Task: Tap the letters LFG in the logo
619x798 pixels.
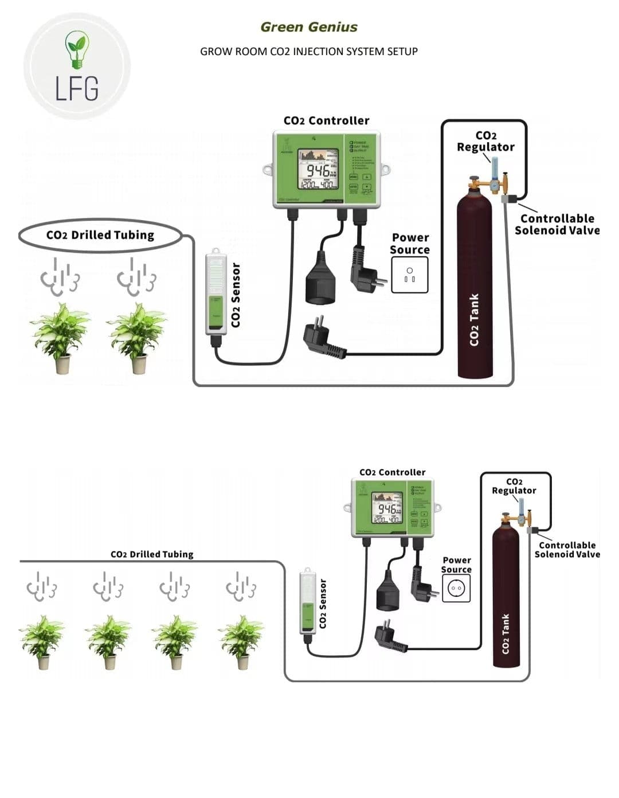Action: click(77, 88)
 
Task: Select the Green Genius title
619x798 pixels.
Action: click(309, 27)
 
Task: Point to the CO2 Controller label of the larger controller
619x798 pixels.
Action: click(326, 120)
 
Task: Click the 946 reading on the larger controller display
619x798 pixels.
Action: click(319, 170)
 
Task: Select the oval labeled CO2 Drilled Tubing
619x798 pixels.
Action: click(100, 235)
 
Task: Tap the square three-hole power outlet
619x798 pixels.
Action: click(409, 275)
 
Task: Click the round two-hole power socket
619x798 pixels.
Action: click(456, 588)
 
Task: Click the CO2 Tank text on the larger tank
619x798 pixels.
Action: click(474, 320)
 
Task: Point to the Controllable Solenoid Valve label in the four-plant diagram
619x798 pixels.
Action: click(567, 550)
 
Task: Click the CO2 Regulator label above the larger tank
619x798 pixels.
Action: click(485, 141)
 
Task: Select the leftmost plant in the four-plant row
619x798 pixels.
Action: click(42, 641)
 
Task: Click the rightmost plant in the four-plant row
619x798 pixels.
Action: click(241, 641)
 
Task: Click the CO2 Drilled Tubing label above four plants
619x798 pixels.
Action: click(152, 554)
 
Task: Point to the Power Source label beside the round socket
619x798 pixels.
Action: click(456, 565)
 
